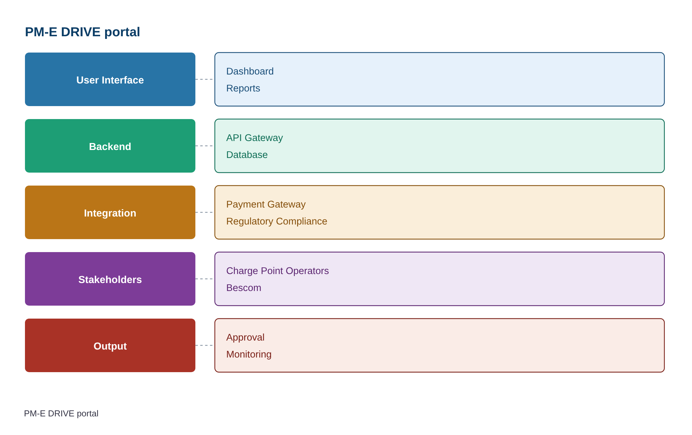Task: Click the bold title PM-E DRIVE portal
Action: click(82, 32)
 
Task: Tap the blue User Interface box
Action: click(110, 79)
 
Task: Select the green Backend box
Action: click(110, 146)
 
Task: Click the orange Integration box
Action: click(110, 213)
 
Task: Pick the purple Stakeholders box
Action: click(110, 279)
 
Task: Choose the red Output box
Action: click(110, 346)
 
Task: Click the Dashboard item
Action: click(250, 71)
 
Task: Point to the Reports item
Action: click(243, 88)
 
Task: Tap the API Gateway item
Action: click(255, 138)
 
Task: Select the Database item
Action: click(247, 155)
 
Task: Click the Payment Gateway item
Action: click(266, 204)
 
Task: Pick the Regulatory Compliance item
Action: click(277, 221)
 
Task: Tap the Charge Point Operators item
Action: click(277, 271)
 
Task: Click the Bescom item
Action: click(244, 288)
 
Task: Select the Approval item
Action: click(245, 337)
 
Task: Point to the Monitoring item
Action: click(249, 354)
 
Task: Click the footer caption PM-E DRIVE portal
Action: click(61, 413)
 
